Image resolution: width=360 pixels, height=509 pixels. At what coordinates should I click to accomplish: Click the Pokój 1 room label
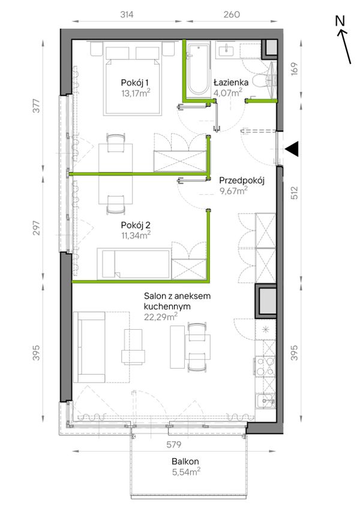tap(134, 83)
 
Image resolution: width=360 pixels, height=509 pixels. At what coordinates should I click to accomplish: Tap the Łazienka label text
tap(231, 83)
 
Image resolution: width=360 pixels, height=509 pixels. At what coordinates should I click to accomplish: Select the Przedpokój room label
tap(242, 180)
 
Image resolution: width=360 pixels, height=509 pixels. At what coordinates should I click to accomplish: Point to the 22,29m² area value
tap(161, 316)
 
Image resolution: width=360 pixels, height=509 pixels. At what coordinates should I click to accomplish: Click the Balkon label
tap(185, 461)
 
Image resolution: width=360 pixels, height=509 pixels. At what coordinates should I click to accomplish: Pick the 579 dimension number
tap(174, 444)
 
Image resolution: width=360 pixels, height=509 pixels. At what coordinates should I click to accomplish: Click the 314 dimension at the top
tap(127, 14)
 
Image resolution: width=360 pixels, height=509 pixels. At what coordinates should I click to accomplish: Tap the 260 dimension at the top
tap(232, 14)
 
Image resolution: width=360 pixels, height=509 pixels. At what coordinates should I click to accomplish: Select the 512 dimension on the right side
tap(294, 192)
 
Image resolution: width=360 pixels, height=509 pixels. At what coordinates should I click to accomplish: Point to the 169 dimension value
tap(294, 69)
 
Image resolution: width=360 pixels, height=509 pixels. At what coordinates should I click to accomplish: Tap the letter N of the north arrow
tap(340, 21)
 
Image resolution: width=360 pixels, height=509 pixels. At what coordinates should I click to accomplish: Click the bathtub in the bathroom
tap(198, 70)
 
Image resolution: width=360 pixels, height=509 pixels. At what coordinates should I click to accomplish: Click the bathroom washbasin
tap(225, 51)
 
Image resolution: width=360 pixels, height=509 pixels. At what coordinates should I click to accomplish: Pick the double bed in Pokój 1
tap(133, 80)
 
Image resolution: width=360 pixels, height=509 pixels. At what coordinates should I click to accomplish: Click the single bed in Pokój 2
tap(134, 264)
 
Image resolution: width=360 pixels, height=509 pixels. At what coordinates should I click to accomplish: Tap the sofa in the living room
tap(89, 347)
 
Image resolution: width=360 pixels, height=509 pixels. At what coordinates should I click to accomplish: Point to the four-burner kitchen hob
tap(265, 366)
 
